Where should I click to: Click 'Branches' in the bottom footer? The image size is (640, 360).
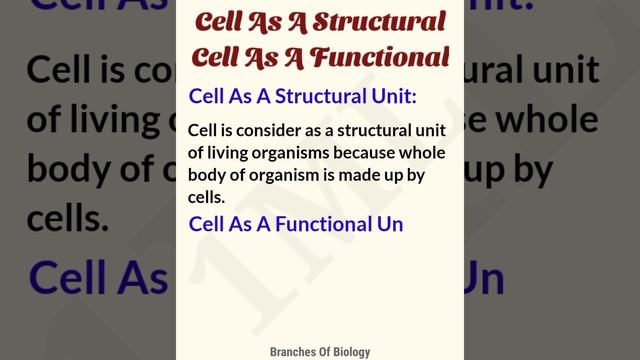click(294, 351)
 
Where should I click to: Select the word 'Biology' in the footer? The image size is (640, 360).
click(348, 351)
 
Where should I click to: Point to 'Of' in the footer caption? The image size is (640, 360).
click(321, 351)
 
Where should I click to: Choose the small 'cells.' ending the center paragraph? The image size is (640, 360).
click(207, 198)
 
